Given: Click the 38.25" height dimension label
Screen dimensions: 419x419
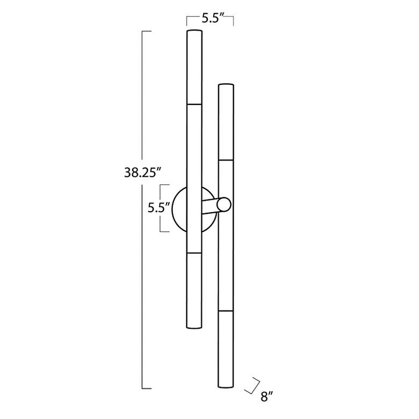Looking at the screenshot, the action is (143, 172).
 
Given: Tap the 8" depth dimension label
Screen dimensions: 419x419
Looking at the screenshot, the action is (266, 396).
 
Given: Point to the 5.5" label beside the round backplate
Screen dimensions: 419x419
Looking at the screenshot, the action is (159, 208).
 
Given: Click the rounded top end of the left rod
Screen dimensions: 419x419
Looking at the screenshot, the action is (194, 31).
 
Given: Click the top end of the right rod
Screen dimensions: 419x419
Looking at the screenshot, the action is (226, 85).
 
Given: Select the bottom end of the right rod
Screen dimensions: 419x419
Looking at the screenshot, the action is (226, 386).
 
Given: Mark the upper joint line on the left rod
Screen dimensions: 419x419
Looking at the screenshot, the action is (194, 104).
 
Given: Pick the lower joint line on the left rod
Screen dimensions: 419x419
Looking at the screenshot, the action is (194, 253).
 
